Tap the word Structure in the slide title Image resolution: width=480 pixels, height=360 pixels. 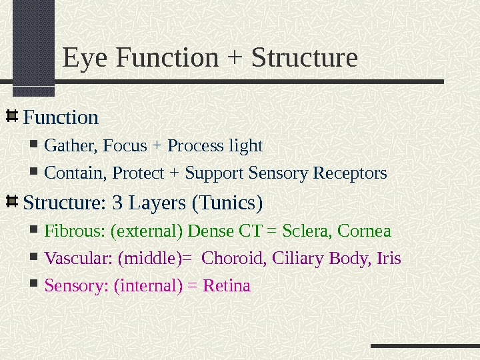coord(303,58)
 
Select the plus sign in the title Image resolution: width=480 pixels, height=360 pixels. coord(234,59)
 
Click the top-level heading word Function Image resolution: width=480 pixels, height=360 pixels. coord(61,118)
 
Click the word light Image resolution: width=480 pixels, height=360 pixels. coord(246,146)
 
